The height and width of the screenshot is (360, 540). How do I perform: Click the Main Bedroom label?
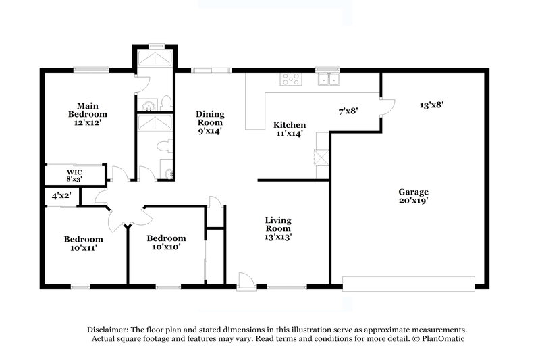[x=92, y=110]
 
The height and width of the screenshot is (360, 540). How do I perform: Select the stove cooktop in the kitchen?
[x=291, y=80]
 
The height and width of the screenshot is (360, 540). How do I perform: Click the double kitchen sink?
[x=329, y=80]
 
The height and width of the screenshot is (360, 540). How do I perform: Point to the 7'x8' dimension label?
[x=348, y=111]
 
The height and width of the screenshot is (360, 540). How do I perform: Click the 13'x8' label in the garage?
[x=431, y=105]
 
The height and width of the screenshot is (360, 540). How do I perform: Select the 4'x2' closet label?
[x=61, y=196]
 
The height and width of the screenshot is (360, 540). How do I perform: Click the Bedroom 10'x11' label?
[x=83, y=243]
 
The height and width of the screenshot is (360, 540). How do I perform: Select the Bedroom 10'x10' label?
[x=166, y=242]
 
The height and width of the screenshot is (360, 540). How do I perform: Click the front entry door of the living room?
[x=246, y=280]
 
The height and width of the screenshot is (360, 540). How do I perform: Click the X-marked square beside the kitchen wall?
[x=322, y=156]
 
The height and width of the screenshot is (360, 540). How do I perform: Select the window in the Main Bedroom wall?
[x=92, y=69]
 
